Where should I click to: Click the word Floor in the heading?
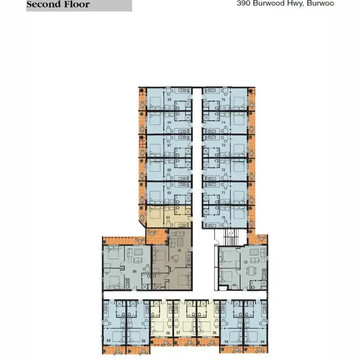click(x=76, y=5)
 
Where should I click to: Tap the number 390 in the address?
click(x=244, y=3)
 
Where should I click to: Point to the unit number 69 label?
click(x=169, y=99)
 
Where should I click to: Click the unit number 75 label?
click(x=223, y=99)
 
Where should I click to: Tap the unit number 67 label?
click(x=169, y=146)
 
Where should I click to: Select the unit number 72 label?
click(x=223, y=170)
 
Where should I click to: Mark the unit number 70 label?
click(x=223, y=217)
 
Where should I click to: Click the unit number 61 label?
click(x=134, y=272)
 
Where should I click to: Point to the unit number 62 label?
click(x=179, y=250)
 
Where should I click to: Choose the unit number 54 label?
click(x=109, y=340)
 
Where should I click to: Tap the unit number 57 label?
click(x=178, y=332)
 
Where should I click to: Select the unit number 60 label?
click(x=263, y=341)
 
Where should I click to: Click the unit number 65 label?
click(x=169, y=193)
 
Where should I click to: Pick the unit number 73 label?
click(x=223, y=146)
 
